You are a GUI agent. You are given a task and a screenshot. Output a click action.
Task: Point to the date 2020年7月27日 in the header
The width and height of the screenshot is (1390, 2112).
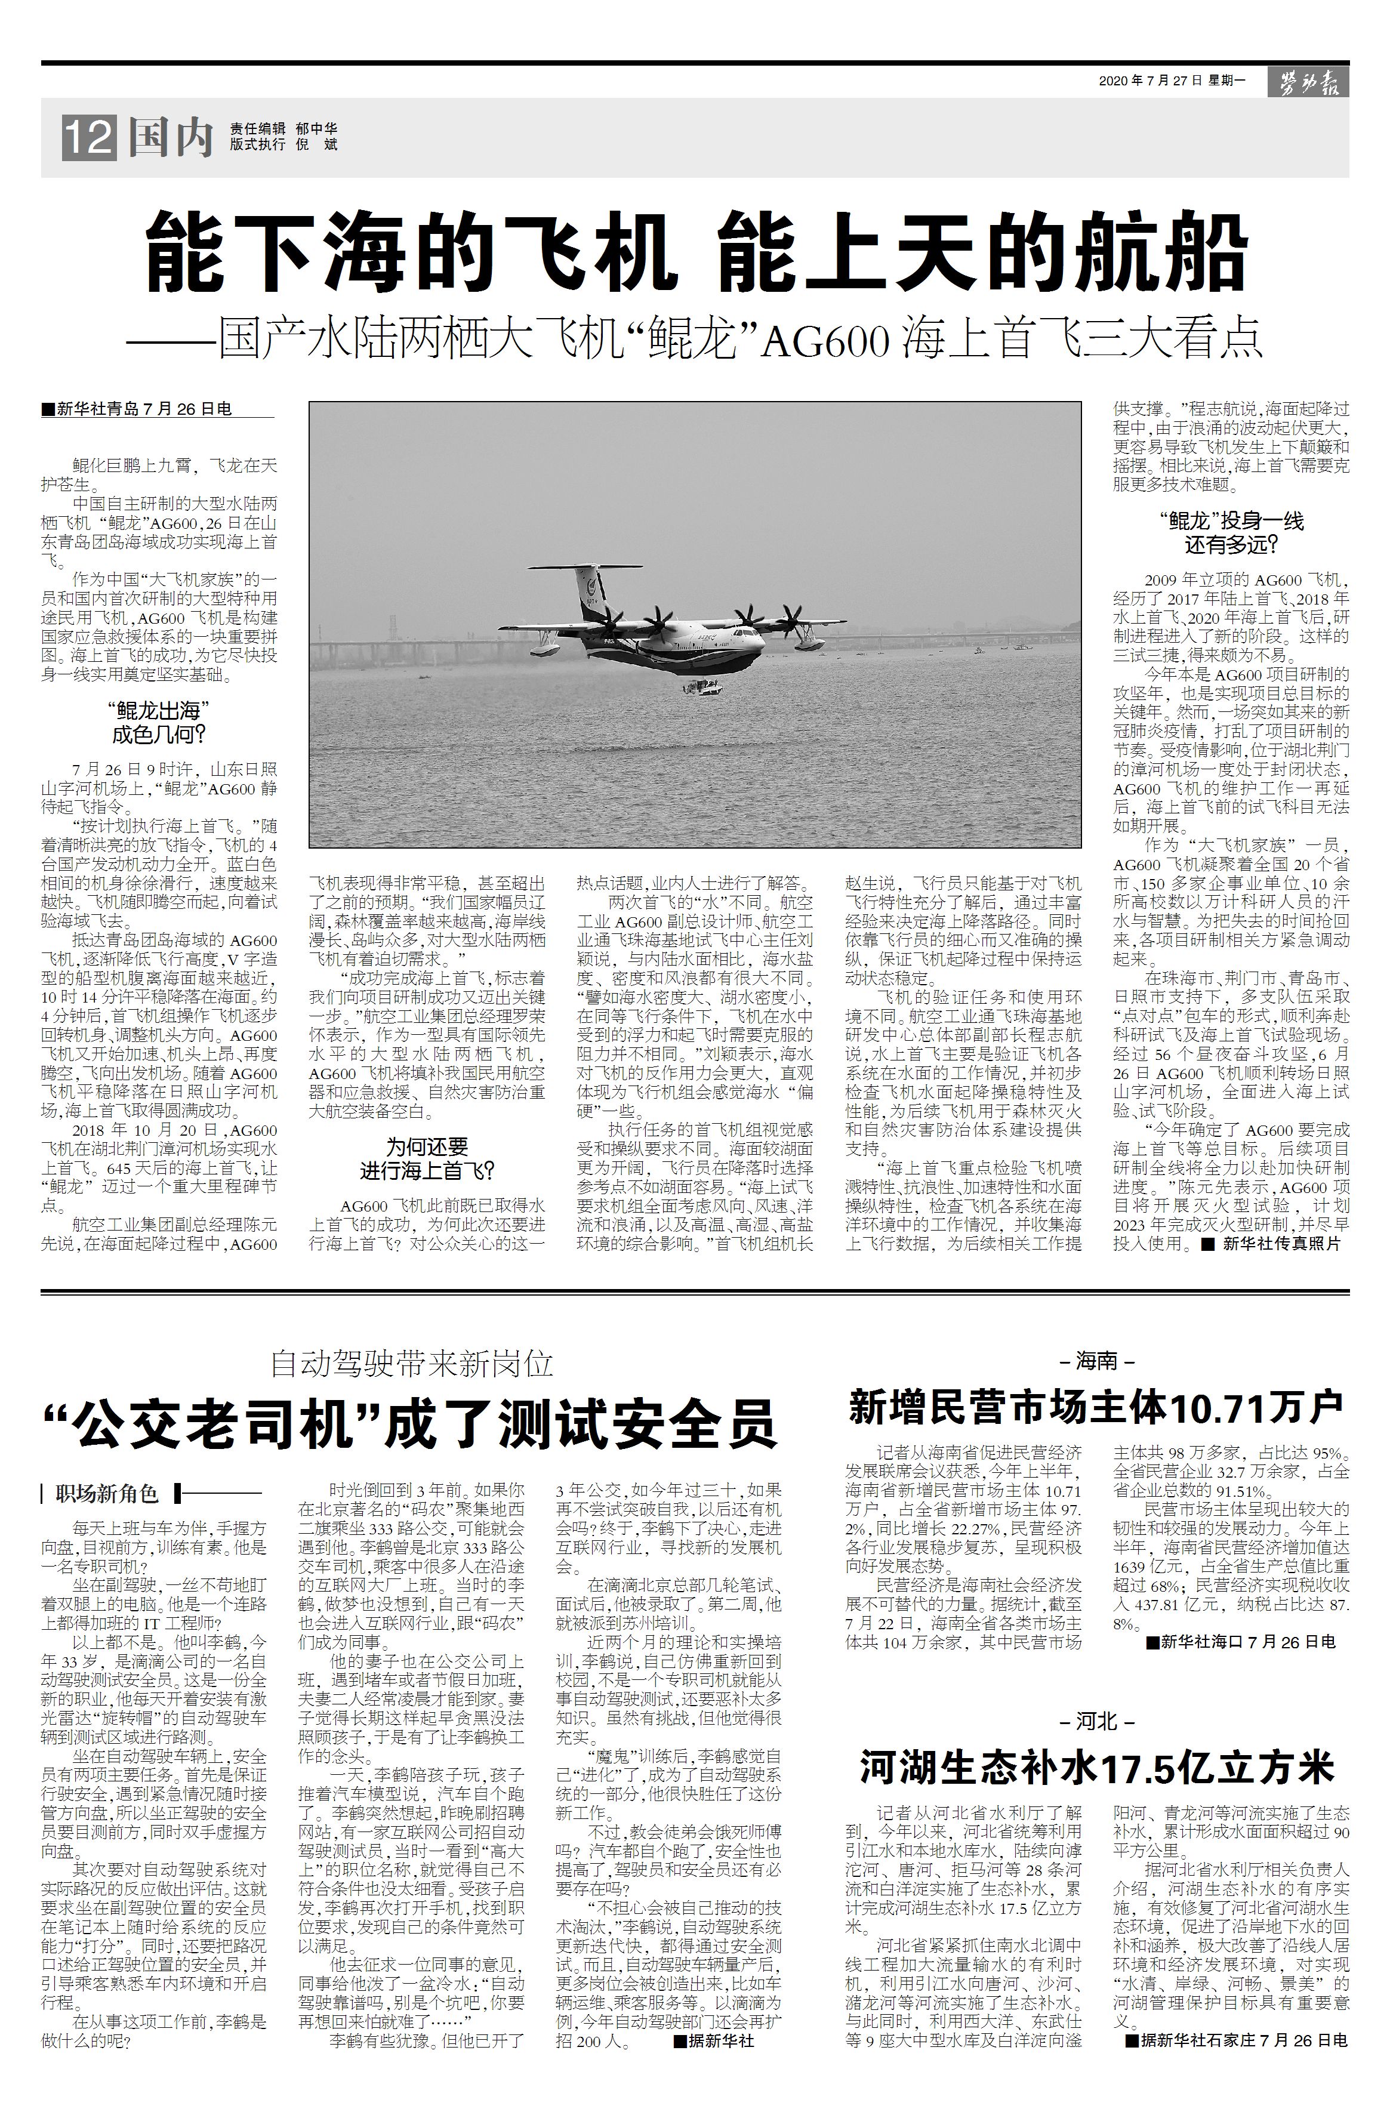pyautogui.click(x=1150, y=81)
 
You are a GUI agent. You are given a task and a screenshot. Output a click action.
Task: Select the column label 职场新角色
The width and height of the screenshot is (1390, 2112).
pyautogui.click(x=106, y=1494)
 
